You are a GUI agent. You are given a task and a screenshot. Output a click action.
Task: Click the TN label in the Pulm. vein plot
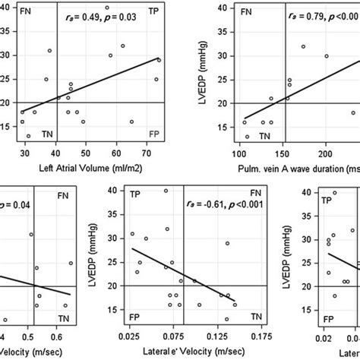coord(265,135)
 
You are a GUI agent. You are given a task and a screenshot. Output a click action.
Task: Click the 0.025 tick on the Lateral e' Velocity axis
coord(131,335)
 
